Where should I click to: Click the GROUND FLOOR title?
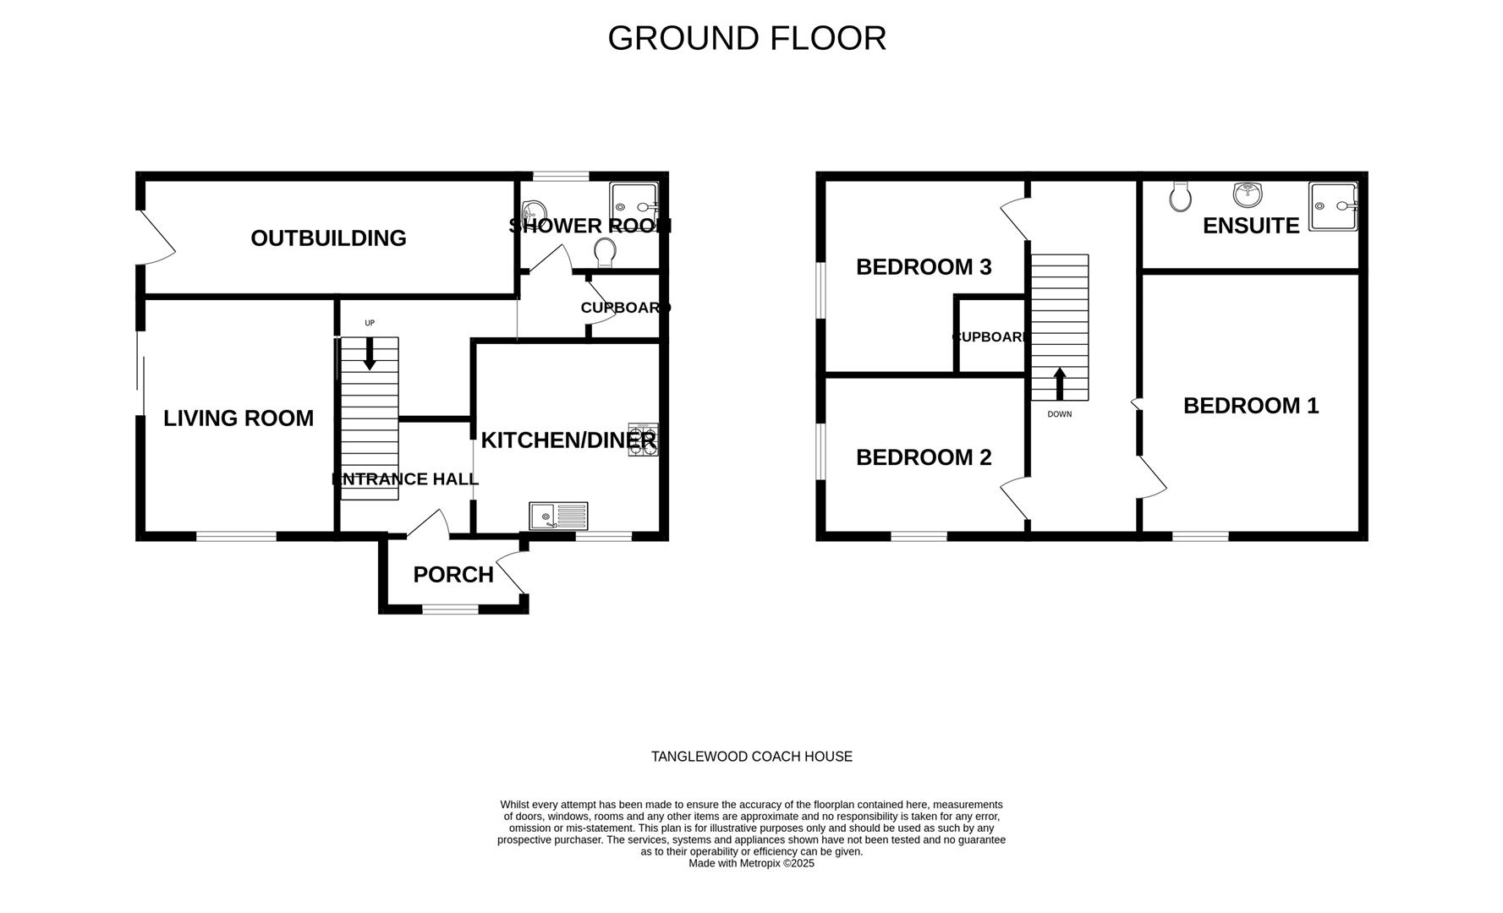pos(746,39)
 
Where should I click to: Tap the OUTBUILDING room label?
pos(328,238)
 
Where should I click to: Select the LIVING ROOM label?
pos(238,418)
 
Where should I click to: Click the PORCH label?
pos(453,575)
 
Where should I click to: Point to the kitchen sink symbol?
pos(558,515)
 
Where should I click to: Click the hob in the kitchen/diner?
pos(643,440)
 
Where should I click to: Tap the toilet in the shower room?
pos(605,252)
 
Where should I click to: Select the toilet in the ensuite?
pos(1181,197)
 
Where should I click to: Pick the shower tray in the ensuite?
pos(1333,206)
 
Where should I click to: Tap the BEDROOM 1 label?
pos(1250,406)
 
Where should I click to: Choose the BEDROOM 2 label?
pos(923,457)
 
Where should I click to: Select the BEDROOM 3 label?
pos(923,267)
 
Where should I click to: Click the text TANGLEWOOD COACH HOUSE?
pos(751,757)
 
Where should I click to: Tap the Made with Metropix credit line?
pos(751,863)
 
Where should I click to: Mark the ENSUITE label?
pos(1250,226)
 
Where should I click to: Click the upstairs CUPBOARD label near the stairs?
pos(990,337)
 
